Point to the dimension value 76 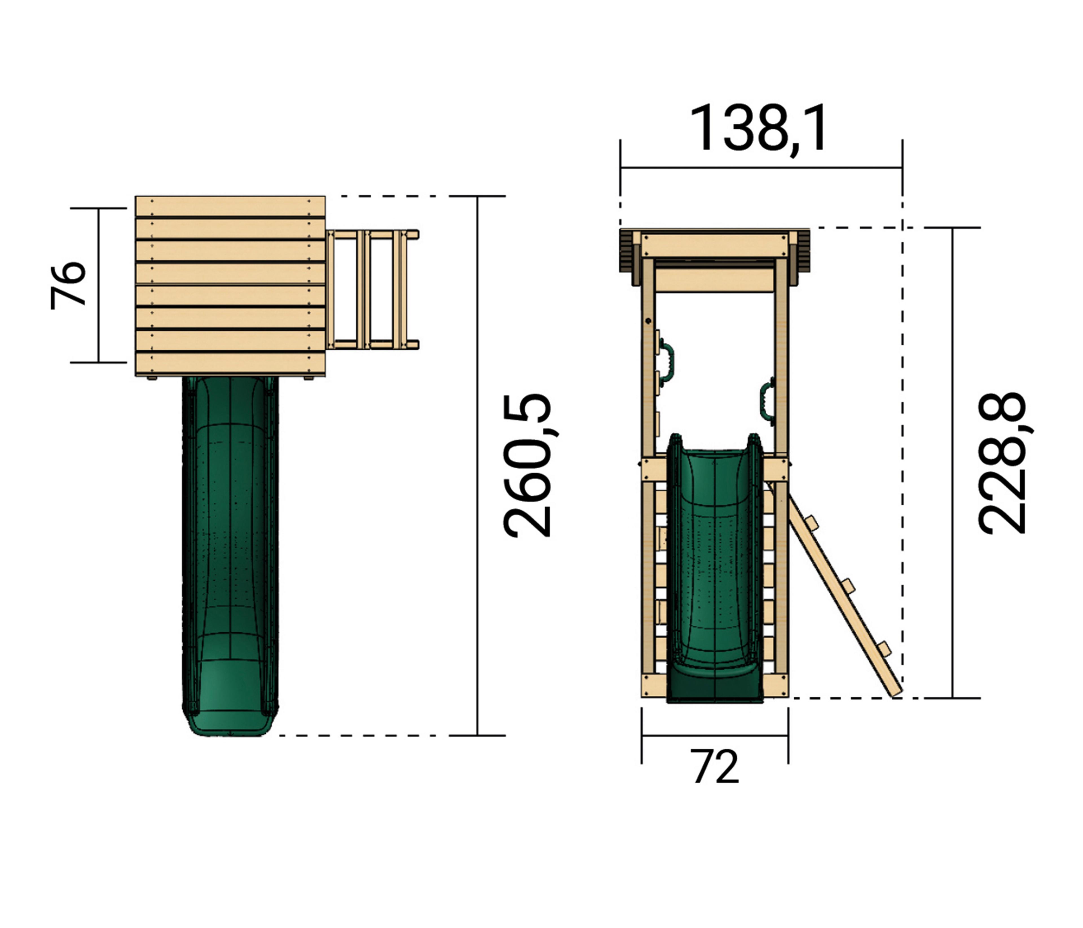click(68, 285)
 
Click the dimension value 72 click(716, 766)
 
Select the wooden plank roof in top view click(230, 286)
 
